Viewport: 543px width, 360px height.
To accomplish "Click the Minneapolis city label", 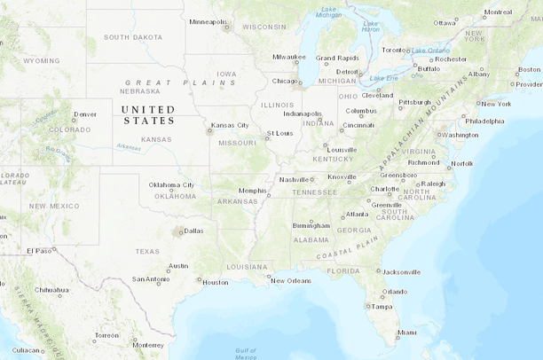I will (x=208, y=20).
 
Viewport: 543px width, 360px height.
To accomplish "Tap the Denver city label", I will (x=85, y=114).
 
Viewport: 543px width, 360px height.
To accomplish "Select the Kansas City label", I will (x=230, y=125).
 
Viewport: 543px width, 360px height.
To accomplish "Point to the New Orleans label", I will (x=291, y=281).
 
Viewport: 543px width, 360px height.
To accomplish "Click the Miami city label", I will (x=406, y=333).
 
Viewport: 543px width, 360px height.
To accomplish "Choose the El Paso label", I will (x=38, y=251).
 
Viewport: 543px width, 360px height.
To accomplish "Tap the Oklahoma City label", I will (x=171, y=184).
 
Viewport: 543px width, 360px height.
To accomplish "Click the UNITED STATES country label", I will (x=149, y=114).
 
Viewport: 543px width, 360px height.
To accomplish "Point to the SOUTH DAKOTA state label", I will (x=133, y=37).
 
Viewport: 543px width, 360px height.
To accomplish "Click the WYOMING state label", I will (x=42, y=61).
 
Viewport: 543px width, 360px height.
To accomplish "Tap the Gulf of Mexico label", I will (x=246, y=354).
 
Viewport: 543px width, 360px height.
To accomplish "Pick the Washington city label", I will (x=460, y=135).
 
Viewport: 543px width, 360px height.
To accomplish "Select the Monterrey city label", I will (x=147, y=345).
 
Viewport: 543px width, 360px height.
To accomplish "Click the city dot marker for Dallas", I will (x=180, y=232).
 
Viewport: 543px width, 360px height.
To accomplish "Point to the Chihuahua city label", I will (x=51, y=290).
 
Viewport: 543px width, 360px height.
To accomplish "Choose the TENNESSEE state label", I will (x=315, y=192).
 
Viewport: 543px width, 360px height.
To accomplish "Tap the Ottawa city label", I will (x=445, y=23).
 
